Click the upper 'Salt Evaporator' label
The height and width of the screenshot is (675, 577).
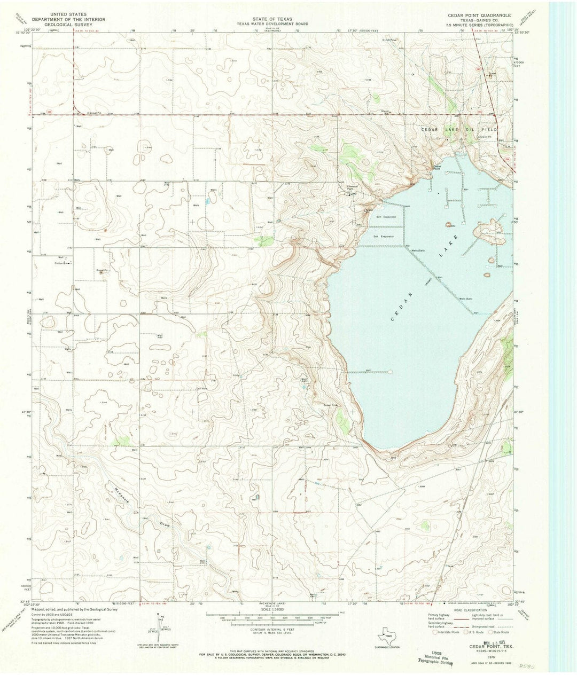pyautogui.click(x=385, y=217)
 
